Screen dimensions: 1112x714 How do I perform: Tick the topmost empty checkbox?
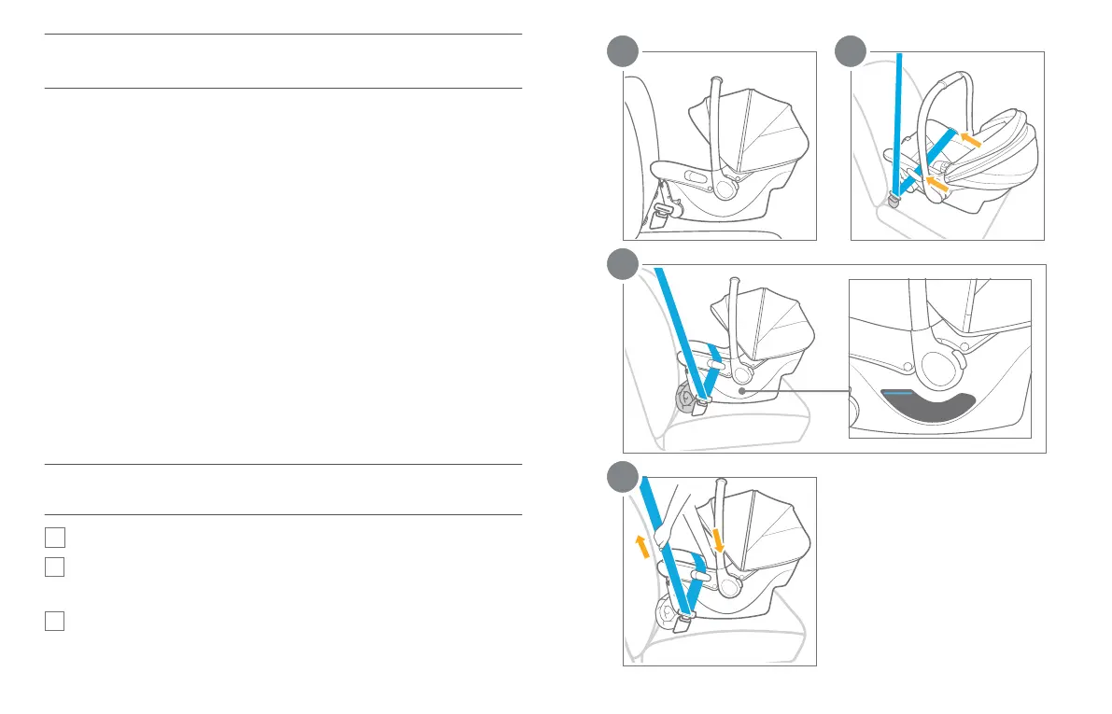[x=54, y=537]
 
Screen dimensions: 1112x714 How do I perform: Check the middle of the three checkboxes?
[x=54, y=567]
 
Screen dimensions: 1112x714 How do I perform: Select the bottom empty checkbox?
[x=54, y=621]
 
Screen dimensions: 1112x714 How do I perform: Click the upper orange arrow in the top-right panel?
[x=972, y=139]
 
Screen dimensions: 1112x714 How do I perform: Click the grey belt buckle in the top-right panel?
[x=894, y=199]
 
